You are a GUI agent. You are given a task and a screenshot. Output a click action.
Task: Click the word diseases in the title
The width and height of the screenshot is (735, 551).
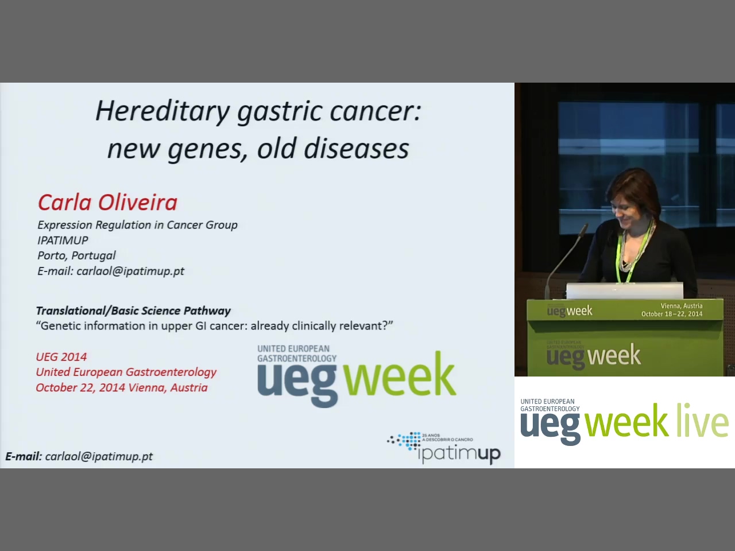tap(356, 149)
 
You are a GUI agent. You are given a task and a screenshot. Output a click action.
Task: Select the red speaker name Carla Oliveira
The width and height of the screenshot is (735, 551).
tap(107, 203)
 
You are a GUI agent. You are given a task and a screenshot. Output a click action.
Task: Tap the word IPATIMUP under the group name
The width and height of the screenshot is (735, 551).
tap(63, 240)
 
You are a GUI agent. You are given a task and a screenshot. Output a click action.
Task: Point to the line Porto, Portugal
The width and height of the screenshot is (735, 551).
tap(76, 255)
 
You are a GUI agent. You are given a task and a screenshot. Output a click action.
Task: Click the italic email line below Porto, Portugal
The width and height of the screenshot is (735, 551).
tap(111, 271)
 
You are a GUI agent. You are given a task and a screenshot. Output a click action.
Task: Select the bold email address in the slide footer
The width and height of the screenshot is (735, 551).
tap(79, 456)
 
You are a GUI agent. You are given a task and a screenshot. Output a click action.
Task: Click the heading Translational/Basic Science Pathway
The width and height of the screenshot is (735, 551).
tap(133, 311)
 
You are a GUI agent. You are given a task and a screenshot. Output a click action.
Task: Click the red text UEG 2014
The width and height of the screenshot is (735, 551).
tap(61, 357)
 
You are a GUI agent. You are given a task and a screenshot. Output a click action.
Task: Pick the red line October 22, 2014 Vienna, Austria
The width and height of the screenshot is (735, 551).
tap(122, 388)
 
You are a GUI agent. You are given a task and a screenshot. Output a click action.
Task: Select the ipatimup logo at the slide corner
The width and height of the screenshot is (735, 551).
tap(444, 448)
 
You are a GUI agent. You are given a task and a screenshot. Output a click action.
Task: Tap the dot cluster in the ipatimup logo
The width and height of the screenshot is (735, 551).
tap(404, 441)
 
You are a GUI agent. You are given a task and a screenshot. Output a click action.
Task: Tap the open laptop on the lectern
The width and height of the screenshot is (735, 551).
tap(625, 290)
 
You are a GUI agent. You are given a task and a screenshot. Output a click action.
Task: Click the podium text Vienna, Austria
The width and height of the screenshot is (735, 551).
tap(682, 306)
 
